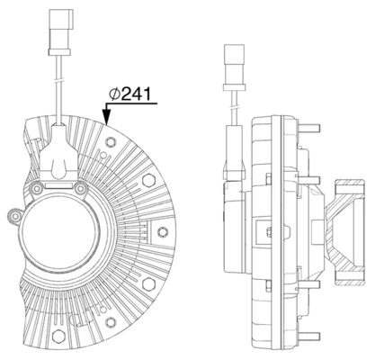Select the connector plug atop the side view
[231, 63]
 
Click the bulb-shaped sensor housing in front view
[58, 163]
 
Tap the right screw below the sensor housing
[81, 191]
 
